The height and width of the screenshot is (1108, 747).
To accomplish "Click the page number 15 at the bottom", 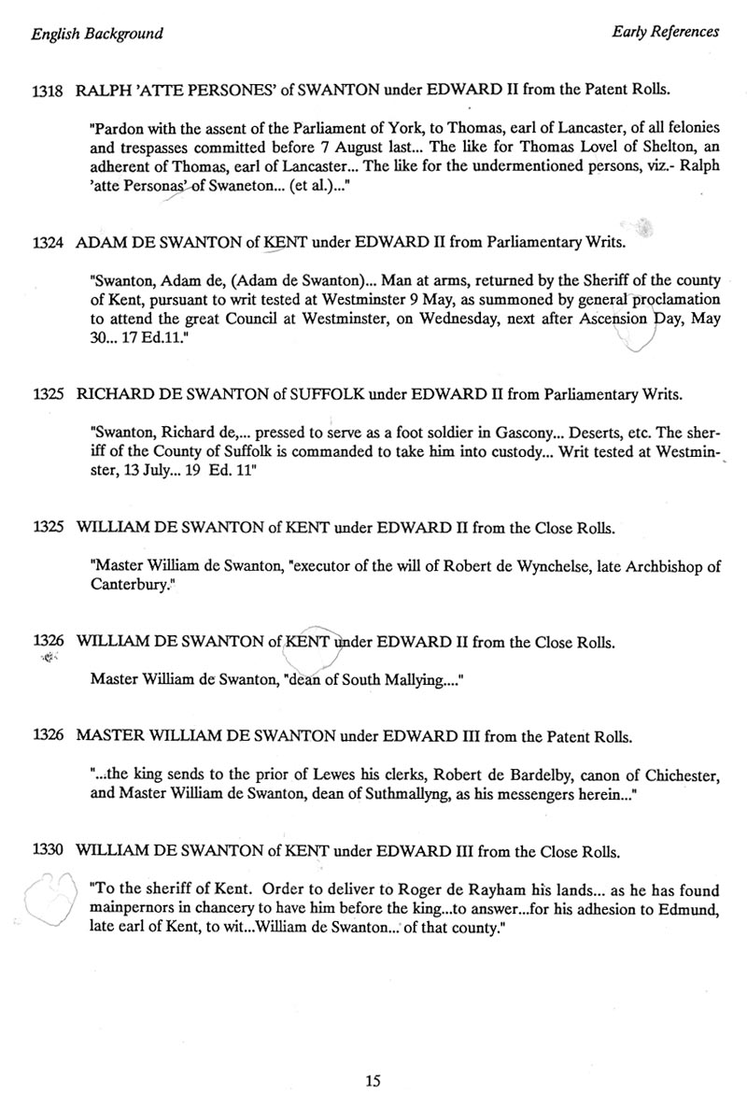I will (373, 1082).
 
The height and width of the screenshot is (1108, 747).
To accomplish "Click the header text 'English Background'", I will (97, 35).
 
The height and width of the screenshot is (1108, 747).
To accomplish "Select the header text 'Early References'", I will (665, 32).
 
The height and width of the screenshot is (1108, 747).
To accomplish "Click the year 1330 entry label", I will (48, 851).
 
